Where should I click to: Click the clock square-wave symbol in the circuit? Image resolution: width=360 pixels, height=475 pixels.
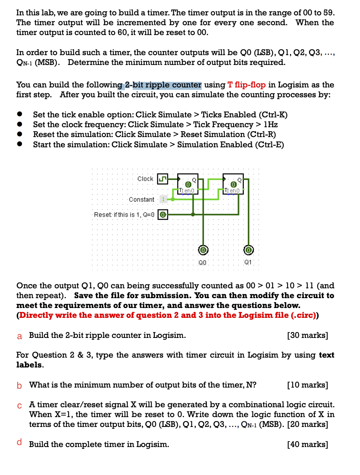(x=162, y=179)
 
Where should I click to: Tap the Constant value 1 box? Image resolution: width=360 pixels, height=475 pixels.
(x=162, y=199)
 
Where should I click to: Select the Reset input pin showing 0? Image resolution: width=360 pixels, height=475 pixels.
(x=162, y=215)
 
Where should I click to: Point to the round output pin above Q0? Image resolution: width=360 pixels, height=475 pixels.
(x=203, y=250)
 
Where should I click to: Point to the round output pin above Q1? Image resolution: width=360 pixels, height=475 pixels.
(x=248, y=250)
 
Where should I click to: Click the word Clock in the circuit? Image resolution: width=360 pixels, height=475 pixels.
(x=145, y=179)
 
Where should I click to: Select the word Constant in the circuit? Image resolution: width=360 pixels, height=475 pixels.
(x=141, y=199)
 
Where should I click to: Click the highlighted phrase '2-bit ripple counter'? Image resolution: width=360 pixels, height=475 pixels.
(x=163, y=85)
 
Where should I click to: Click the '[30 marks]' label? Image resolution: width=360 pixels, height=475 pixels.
(x=308, y=335)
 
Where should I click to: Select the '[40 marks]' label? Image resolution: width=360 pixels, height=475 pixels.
(x=308, y=444)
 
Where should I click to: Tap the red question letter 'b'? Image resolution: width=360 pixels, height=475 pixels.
(x=19, y=385)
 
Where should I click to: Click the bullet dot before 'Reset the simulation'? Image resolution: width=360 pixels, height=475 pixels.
(x=19, y=135)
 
